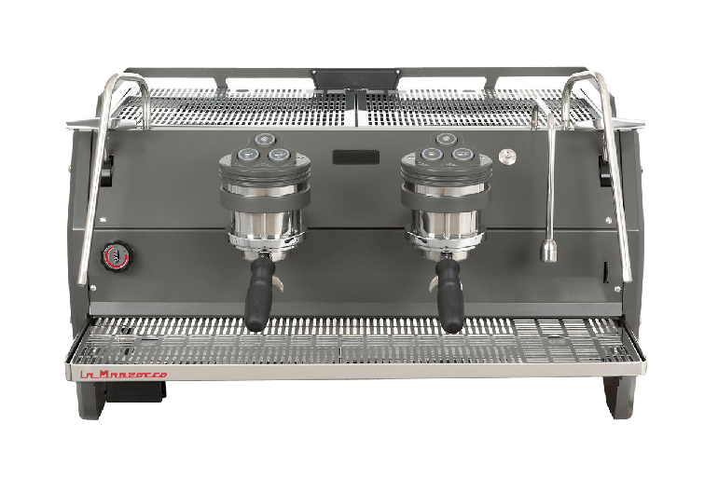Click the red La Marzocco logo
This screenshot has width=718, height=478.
(124, 375)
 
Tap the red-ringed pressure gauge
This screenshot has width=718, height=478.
(117, 256)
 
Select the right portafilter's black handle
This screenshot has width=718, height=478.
(449, 296)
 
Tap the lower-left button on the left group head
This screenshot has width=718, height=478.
(247, 154)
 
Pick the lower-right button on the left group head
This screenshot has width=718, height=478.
(279, 154)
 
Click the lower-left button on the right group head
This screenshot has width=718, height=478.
(431, 154)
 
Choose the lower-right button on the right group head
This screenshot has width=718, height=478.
(462, 154)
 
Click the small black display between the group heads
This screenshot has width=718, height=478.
(356, 157)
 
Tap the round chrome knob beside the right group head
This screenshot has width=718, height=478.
(507, 157)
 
